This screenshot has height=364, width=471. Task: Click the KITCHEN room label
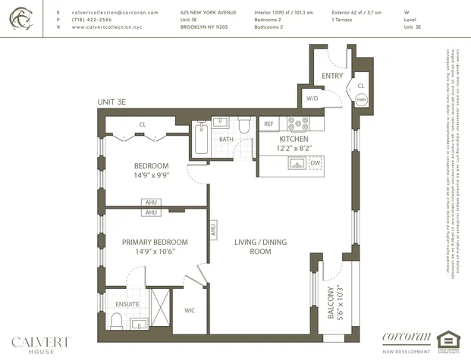coord(293,140)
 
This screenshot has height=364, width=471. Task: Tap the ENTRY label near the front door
coord(332,76)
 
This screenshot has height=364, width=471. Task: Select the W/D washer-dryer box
coord(312,99)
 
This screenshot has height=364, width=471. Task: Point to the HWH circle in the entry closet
coord(362,99)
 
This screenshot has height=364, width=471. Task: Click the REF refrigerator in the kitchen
coord(268,123)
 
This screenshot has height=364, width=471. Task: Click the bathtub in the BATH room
coord(200,140)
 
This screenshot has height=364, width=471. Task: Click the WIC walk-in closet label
coord(190,309)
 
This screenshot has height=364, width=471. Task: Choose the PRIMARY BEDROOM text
coord(155,242)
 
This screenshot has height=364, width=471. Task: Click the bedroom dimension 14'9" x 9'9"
coord(151,175)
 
